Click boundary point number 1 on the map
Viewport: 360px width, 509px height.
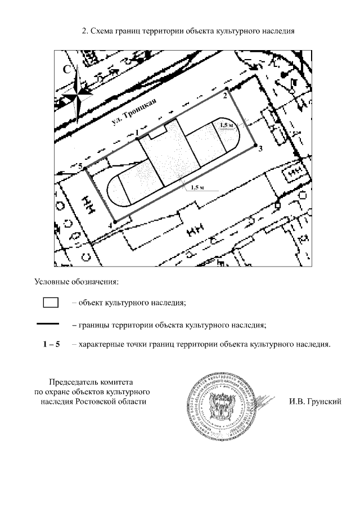click(137, 138)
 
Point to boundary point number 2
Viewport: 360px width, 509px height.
click(226, 89)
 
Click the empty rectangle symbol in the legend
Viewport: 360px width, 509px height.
click(51, 302)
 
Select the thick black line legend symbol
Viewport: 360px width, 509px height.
click(48, 323)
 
